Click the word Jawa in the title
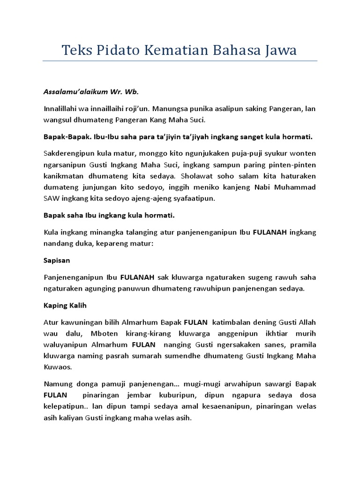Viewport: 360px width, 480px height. (x=278, y=50)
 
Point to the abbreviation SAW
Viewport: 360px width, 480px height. (x=52, y=199)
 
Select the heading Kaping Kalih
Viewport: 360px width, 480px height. (x=65, y=306)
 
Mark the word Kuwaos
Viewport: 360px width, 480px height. (x=56, y=367)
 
